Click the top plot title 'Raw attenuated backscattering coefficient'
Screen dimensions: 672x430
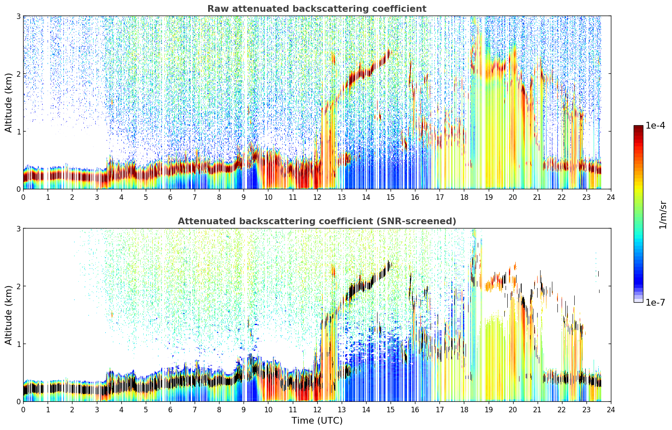[317, 9]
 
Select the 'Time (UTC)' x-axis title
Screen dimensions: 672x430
[317, 420]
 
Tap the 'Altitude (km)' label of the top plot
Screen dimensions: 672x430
[8, 103]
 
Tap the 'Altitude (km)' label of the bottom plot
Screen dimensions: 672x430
[8, 315]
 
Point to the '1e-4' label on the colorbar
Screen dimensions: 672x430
[655, 125]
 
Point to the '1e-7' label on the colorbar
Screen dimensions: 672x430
[655, 302]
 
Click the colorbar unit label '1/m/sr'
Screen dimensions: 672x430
[663, 215]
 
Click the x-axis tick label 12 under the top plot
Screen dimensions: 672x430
[317, 197]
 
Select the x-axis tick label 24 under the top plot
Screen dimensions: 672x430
[611, 197]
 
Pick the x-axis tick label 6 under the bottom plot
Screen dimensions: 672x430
[170, 410]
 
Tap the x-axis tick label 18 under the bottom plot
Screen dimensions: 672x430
[464, 410]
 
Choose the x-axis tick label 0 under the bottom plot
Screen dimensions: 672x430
[24, 410]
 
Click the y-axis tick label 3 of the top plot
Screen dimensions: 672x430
[18, 16]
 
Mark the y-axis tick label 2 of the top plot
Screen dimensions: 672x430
[18, 74]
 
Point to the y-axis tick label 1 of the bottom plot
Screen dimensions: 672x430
[18, 344]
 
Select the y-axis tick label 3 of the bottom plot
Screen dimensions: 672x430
[18, 229]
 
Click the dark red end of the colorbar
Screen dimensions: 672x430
[638, 127]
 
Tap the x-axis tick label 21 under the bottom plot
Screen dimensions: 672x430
[537, 410]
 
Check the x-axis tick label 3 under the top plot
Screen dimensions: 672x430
[96, 197]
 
